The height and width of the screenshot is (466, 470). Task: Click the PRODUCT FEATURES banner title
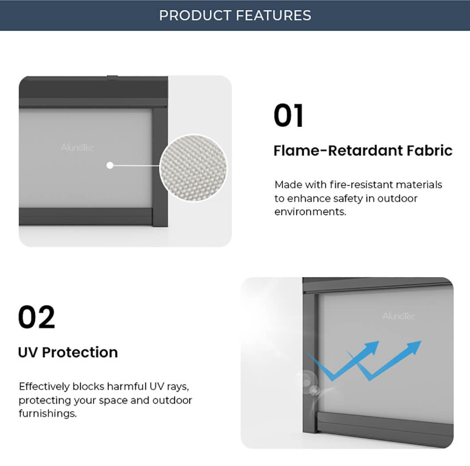235,15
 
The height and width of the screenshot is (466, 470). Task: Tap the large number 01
288,115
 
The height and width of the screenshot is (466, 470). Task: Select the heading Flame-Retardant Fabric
363,150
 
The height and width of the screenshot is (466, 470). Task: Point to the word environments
310,212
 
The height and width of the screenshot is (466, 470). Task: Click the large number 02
36,317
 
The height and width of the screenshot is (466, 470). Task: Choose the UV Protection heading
68,352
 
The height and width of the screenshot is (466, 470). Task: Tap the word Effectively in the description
44,387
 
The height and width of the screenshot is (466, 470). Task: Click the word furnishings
47,414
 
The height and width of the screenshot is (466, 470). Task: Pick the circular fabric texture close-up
193,168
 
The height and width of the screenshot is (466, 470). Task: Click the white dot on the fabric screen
110,165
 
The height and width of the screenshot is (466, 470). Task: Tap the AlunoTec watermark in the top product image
77,148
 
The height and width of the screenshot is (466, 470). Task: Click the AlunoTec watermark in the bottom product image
398,316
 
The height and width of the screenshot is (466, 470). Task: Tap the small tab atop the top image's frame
113,77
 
